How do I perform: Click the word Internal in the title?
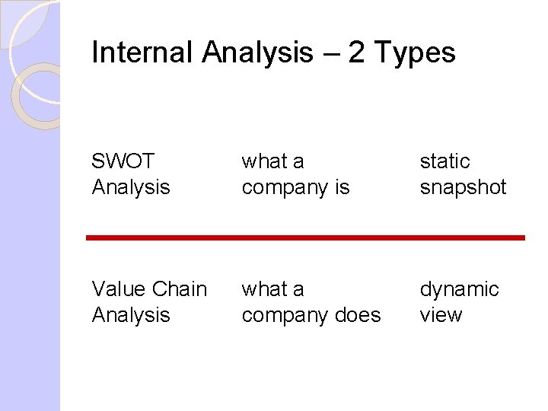tap(143, 53)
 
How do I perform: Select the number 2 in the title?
tap(358, 53)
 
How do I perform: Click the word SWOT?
tap(123, 161)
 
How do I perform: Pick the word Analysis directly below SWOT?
tap(130, 187)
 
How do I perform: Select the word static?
tap(444, 161)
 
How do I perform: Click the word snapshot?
tap(463, 187)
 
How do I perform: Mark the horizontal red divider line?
tap(305, 238)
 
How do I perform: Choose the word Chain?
tap(180, 289)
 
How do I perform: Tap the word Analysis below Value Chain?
tap(130, 315)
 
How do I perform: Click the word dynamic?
tap(459, 289)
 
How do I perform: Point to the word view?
tap(441, 315)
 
